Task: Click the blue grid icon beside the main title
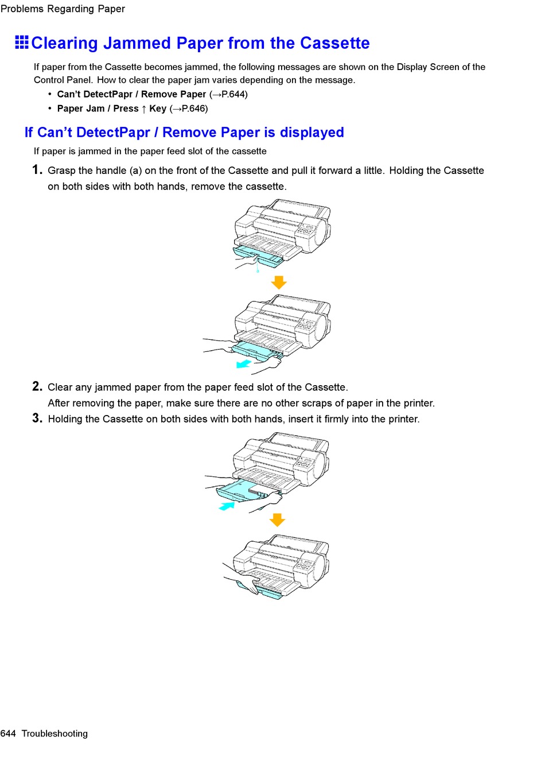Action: click(x=22, y=42)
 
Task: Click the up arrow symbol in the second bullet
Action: click(x=144, y=108)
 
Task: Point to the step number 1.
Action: click(x=37, y=170)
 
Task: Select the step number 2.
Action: click(x=37, y=386)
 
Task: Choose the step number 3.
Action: click(x=37, y=418)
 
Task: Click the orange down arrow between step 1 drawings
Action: click(x=279, y=282)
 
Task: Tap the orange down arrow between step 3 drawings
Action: click(x=278, y=519)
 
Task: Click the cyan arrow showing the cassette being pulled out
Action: click(x=244, y=364)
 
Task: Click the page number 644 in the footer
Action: click(x=9, y=734)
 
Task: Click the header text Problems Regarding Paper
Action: click(x=63, y=9)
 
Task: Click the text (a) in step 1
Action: click(x=135, y=170)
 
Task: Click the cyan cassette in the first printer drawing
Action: click(x=258, y=255)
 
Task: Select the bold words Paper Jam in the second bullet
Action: click(x=81, y=108)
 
